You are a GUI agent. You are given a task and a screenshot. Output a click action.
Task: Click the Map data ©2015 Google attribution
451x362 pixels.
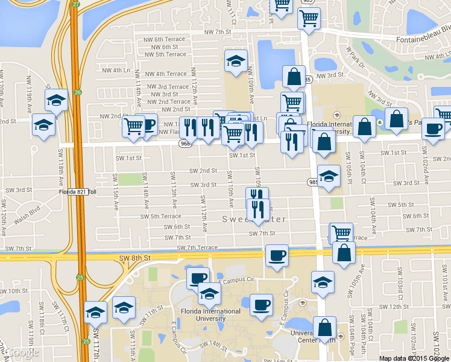414,358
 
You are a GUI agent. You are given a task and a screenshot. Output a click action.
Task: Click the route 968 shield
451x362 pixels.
184,143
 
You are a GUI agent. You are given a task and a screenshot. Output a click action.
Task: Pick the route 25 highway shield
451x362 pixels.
80,278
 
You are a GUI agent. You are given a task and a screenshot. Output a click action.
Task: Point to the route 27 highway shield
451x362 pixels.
75,4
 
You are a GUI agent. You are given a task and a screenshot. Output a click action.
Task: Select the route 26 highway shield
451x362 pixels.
78,92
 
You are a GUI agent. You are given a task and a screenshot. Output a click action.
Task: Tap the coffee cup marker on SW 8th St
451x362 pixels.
277,256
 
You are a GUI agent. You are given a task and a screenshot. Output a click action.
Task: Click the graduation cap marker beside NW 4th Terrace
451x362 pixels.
236,60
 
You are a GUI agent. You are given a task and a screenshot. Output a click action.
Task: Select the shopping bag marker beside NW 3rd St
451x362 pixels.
294,77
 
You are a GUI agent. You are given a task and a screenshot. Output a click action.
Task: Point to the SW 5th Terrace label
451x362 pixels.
161,217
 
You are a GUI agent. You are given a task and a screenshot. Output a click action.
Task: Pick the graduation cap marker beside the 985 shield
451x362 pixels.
329,177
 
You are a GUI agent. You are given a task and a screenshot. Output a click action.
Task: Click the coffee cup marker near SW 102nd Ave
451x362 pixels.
433,129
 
